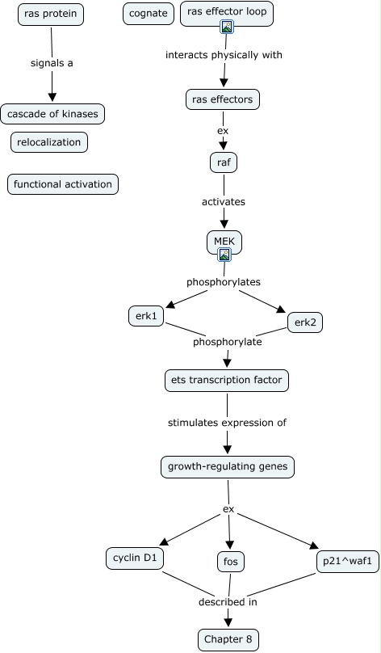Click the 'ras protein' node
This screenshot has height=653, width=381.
51,15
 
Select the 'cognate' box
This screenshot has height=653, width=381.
149,14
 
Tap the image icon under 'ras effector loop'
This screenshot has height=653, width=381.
227,27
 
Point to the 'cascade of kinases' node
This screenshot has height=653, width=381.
52,114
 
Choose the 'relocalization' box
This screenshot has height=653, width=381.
49,142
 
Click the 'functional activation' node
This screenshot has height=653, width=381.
63,184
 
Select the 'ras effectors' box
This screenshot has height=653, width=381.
223,100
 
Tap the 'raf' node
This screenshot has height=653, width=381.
224,162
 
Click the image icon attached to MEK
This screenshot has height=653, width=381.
224,255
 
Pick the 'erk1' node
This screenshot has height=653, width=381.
146,316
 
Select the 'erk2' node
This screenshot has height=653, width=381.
305,322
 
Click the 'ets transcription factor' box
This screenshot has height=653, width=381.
227,380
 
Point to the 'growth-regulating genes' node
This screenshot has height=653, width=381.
228,466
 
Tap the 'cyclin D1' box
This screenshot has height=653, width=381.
135,558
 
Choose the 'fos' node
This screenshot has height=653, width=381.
230,562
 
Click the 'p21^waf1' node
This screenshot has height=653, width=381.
348,562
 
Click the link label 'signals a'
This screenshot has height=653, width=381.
52,63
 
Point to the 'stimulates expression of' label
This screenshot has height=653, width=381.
227,423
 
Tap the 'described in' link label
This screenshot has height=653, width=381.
228,602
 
